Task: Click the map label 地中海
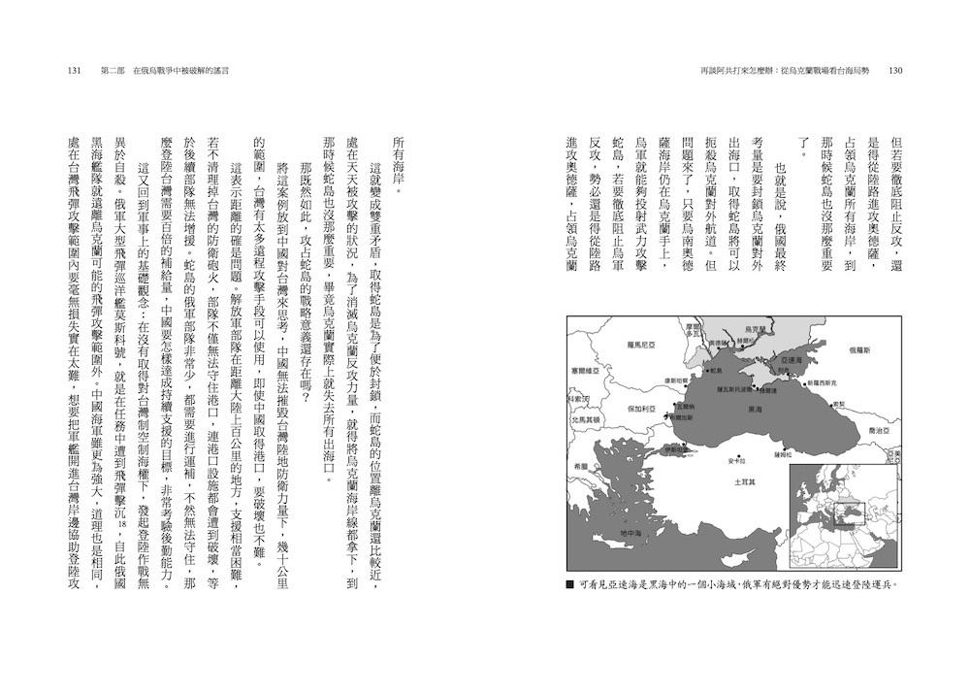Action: coord(630,534)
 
